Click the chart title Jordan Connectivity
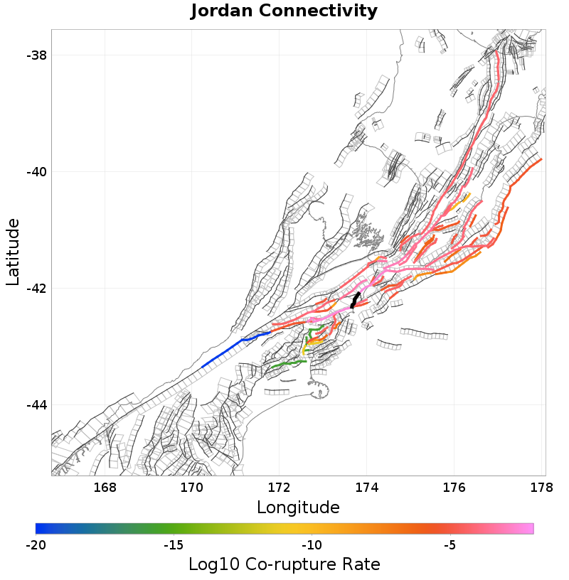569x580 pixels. tap(284, 11)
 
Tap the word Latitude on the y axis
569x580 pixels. tap(13, 252)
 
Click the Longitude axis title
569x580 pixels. tap(298, 507)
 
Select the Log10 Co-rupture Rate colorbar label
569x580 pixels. tap(284, 564)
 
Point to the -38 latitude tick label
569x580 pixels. tap(35, 55)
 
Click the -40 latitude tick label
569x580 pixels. tap(35, 172)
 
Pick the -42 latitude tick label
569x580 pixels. tap(35, 289)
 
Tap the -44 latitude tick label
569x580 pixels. tap(35, 405)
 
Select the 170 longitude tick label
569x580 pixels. tap(192, 488)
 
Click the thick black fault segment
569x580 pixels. tap(355, 299)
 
